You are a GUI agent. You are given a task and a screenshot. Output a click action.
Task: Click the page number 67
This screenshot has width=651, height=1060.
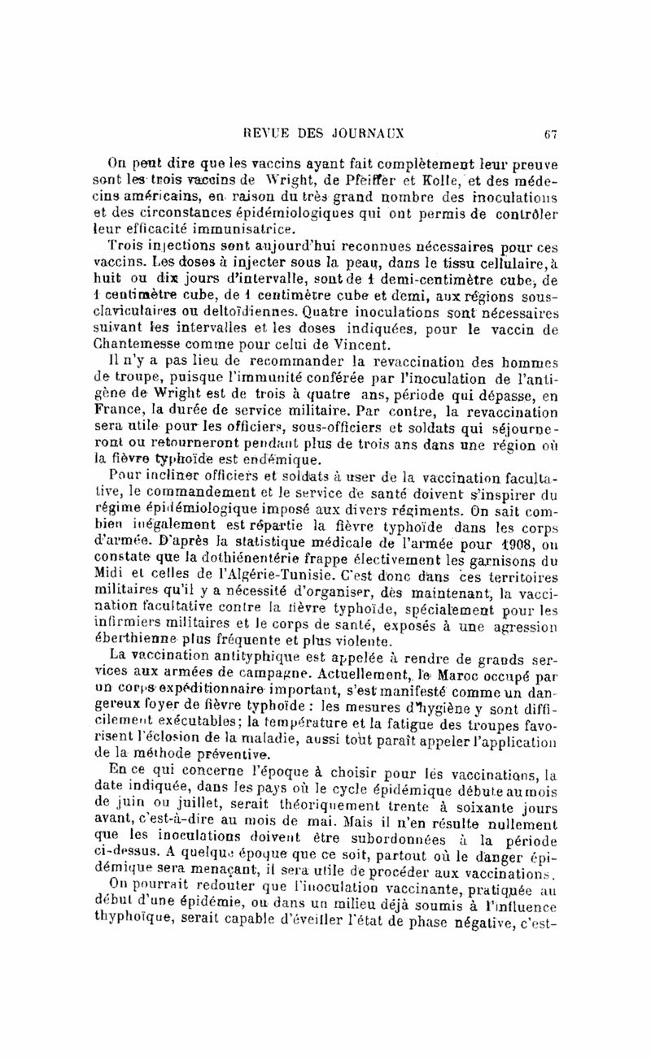click(551, 134)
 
